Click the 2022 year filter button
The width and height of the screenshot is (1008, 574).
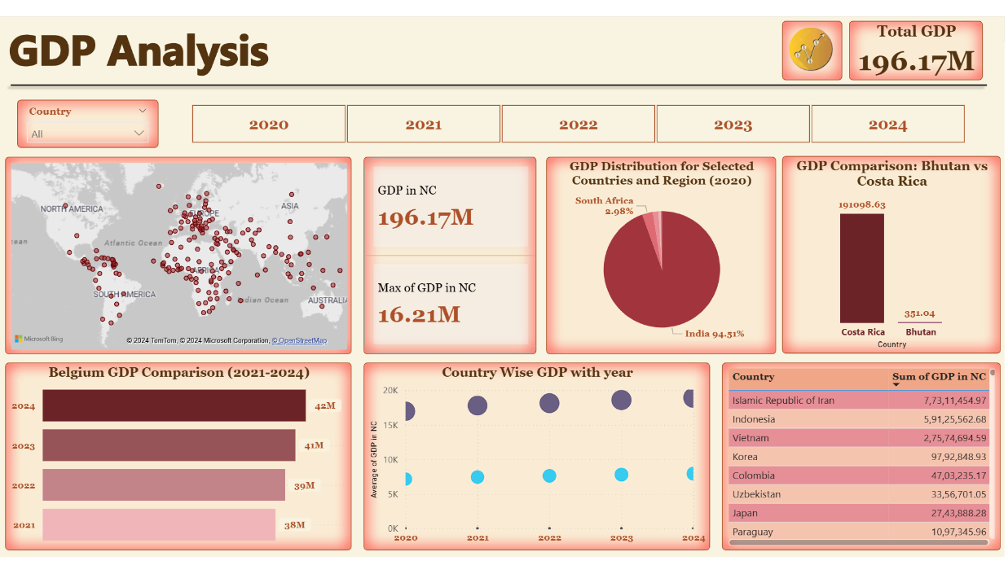(x=578, y=125)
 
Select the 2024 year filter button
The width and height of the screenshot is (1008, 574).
(x=887, y=125)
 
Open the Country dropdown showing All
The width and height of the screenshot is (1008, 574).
(x=88, y=134)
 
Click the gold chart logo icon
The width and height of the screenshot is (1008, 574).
(x=811, y=50)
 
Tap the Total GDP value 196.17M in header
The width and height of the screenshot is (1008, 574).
(x=916, y=62)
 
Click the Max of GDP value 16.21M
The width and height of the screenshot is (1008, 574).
(x=419, y=314)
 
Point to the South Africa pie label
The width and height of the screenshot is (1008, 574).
(x=604, y=200)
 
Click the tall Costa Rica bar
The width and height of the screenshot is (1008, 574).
(x=862, y=268)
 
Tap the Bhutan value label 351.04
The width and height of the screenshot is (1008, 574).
(x=919, y=313)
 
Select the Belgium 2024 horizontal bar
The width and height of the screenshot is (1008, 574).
(x=174, y=405)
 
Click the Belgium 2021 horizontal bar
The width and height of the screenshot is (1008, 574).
(x=159, y=524)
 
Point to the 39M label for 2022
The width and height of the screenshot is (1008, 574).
(x=304, y=485)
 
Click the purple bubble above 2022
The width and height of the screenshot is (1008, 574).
(x=549, y=403)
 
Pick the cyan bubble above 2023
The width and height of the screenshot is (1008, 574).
(x=622, y=475)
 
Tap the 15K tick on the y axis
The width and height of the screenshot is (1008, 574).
(x=390, y=424)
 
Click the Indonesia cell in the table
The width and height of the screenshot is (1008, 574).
(x=754, y=419)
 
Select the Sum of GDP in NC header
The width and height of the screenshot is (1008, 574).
(x=939, y=377)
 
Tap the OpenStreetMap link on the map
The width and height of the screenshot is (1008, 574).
(x=299, y=340)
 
